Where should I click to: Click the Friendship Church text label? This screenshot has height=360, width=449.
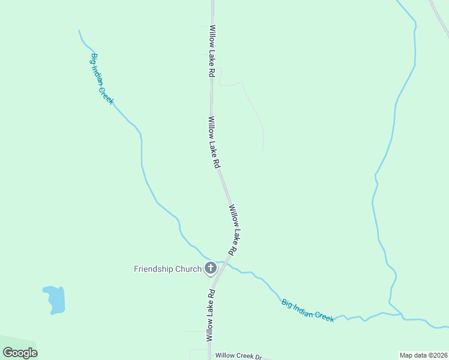167,269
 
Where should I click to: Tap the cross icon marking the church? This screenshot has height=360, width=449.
211,268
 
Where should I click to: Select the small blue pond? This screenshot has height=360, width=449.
55,299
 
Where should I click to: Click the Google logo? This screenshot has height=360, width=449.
20,353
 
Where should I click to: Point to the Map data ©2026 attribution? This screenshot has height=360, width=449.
423,355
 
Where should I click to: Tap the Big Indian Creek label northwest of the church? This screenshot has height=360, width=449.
102,79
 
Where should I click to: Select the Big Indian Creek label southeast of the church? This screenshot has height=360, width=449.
307,310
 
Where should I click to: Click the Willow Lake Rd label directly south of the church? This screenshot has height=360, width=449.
211,316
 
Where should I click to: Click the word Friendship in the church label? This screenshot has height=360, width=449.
154,269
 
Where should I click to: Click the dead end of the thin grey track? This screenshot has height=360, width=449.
263,150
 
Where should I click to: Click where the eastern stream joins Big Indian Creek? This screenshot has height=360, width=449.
401,314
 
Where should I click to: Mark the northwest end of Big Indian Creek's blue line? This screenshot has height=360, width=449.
79,30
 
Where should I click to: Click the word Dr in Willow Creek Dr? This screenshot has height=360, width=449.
259,356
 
